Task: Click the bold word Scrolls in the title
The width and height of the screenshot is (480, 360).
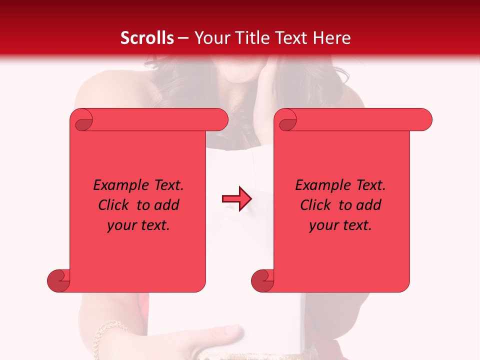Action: (147, 38)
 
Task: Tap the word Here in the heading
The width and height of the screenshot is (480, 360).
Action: (331, 38)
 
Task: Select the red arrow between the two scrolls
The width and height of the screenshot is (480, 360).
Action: (236, 199)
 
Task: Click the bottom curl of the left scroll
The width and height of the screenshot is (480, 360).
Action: (59, 280)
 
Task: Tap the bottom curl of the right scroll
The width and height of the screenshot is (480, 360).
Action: (263, 280)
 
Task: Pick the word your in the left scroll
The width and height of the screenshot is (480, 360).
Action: (120, 226)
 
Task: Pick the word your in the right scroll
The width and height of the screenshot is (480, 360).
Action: (322, 226)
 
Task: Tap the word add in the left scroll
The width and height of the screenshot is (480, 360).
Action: (167, 205)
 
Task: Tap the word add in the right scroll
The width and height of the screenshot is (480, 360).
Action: (369, 205)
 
